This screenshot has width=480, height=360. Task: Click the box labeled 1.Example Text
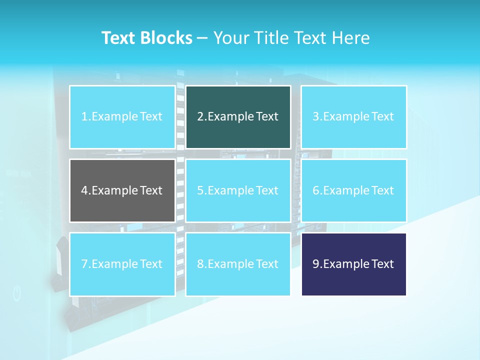point(122,117)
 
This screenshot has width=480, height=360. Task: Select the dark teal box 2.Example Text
point(238,117)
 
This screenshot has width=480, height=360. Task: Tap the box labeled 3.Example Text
point(353,117)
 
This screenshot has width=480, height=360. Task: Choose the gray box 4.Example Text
point(122,190)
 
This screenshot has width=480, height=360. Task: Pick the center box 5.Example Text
point(238,190)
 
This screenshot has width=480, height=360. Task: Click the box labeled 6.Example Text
point(353,190)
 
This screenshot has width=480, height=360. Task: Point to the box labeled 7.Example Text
point(122,264)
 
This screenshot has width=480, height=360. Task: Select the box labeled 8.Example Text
point(238,264)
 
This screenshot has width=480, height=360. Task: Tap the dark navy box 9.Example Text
point(353,264)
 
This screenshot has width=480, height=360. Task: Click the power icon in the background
point(17,293)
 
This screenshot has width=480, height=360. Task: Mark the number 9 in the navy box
point(316,264)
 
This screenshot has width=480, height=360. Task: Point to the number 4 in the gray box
point(84,190)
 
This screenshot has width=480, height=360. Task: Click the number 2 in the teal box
point(200,117)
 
